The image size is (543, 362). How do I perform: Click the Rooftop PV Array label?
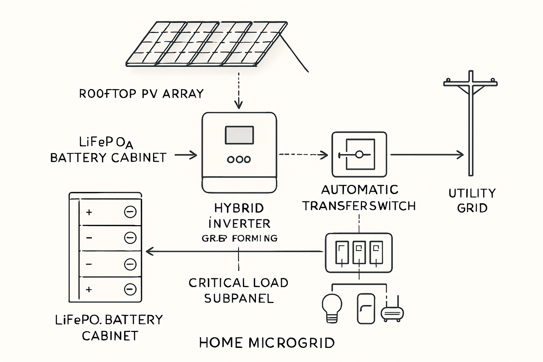point(141,94)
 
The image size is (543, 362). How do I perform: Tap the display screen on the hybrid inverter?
point(239,135)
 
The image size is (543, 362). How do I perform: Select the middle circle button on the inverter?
point(239,159)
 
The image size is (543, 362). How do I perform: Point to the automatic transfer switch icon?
point(359,155)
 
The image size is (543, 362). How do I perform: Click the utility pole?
point(470,123)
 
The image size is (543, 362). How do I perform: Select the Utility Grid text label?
point(472,201)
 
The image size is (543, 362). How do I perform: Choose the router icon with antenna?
point(392,312)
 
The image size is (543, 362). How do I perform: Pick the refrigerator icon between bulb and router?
point(366,308)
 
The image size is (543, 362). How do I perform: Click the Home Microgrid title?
point(267,342)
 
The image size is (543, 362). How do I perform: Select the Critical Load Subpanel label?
point(239,290)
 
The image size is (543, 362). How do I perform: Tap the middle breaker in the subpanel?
point(359,252)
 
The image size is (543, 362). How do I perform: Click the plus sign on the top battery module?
point(89,212)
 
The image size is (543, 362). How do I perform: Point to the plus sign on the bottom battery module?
point(89,290)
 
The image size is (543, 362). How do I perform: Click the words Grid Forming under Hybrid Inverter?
point(240,239)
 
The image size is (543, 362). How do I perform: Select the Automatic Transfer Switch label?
point(359,198)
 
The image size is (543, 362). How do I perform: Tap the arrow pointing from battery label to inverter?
point(186,155)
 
